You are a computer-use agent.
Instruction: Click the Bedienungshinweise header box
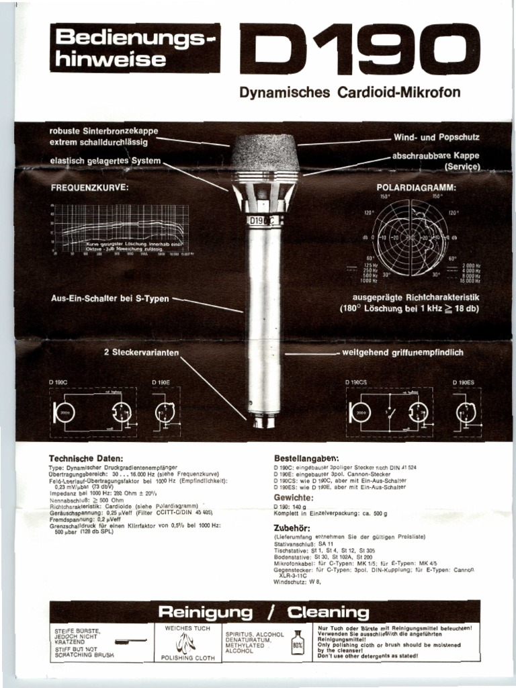[x=135, y=48]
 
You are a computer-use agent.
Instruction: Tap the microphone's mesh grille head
[x=265, y=153]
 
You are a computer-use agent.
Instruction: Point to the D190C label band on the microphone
[x=263, y=220]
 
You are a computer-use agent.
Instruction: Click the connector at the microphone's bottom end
[x=263, y=421]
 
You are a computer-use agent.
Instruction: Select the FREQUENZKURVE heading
[x=89, y=187]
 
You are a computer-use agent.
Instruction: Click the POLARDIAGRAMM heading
[x=417, y=187]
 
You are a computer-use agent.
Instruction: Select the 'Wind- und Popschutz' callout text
[x=436, y=137]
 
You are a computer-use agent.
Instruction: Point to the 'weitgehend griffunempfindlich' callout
[x=402, y=352]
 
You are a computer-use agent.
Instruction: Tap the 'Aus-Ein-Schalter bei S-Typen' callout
[x=110, y=298]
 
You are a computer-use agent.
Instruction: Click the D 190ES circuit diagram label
[x=462, y=382]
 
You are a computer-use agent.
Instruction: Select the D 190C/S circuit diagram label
[x=357, y=382]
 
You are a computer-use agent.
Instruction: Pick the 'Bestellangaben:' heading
[x=306, y=457]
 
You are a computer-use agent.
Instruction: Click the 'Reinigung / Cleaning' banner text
[x=263, y=612]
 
